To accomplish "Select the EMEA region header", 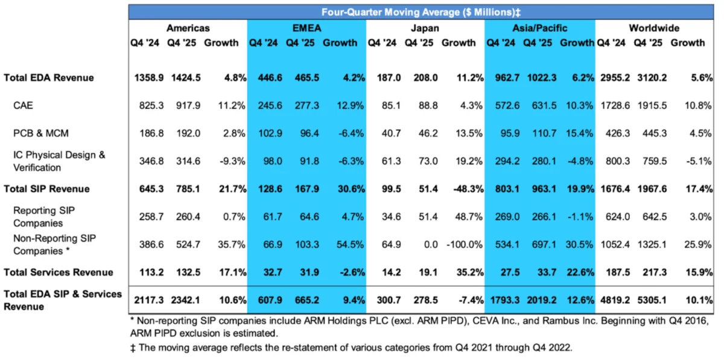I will [306, 28].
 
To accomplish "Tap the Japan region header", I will [425, 28].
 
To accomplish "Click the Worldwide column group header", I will [654, 28].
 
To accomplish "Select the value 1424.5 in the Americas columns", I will [183, 78].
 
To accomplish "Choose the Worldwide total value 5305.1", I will [650, 300].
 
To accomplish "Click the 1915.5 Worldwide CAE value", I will [650, 106].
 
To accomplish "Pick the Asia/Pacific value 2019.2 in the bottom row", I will [538, 300].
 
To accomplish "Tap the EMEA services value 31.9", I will [302, 273].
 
